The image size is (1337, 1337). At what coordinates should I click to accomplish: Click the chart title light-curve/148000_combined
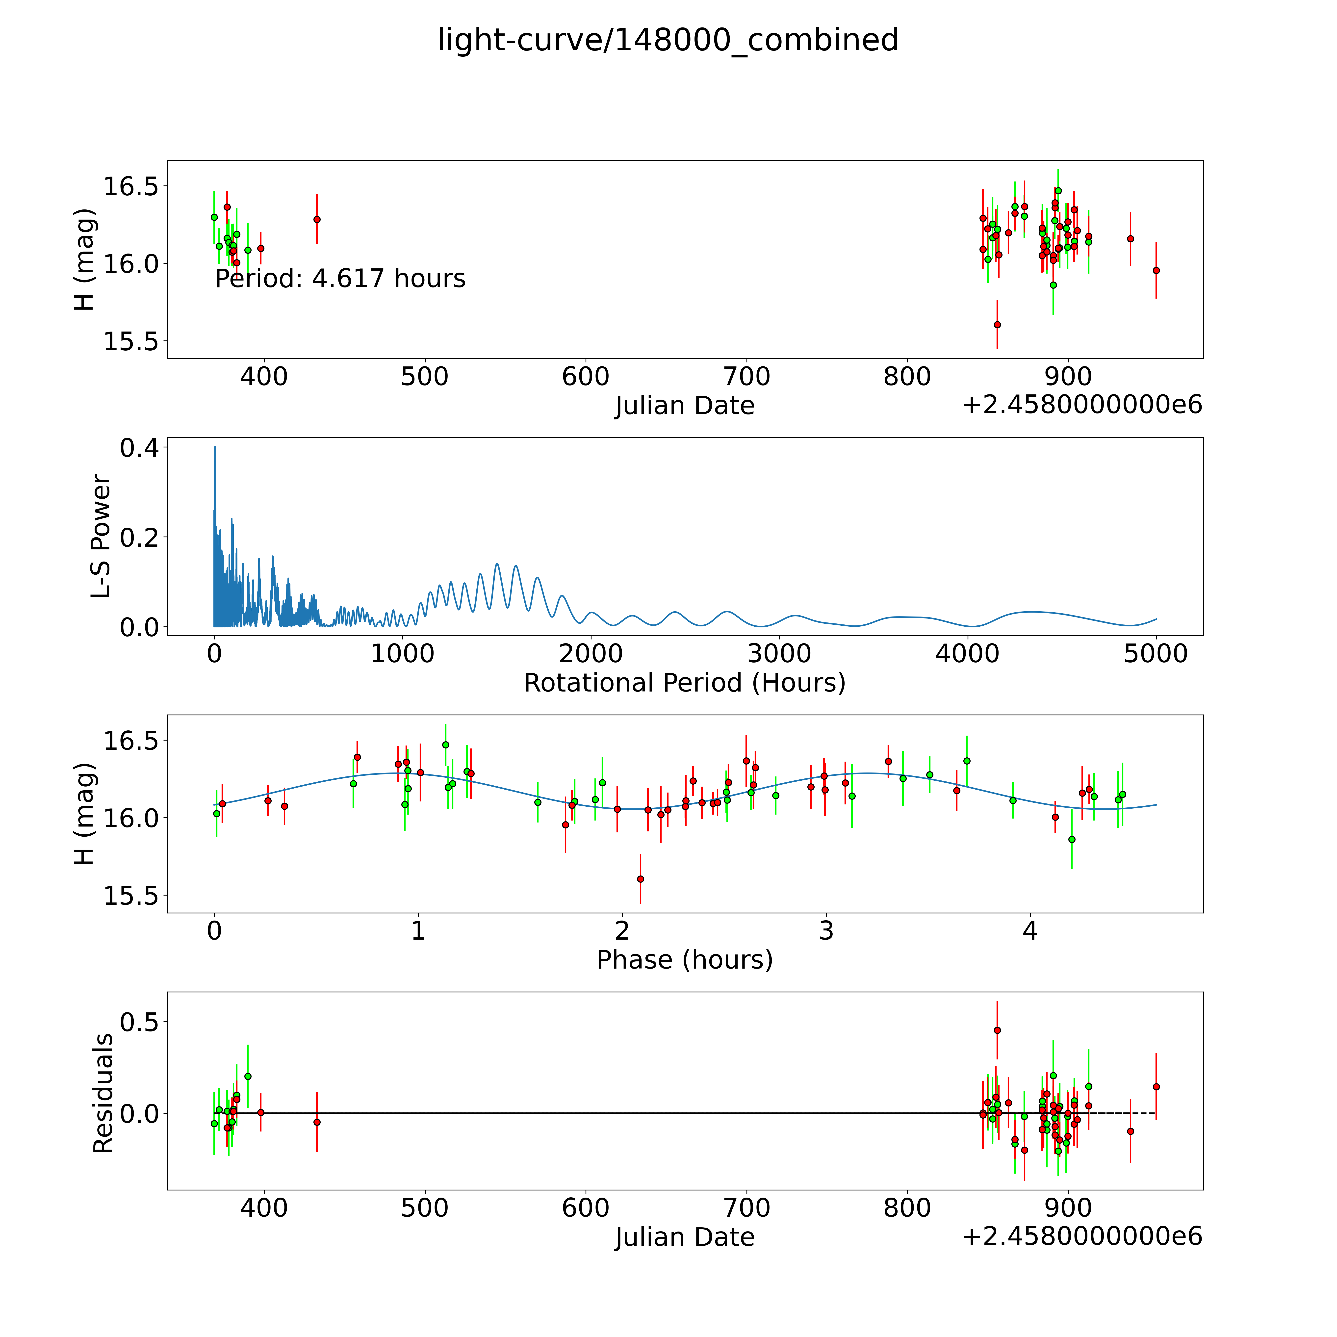click(x=668, y=40)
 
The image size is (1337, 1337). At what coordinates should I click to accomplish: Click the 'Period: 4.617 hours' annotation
click(x=340, y=279)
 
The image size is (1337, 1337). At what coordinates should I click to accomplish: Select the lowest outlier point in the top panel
click(x=997, y=325)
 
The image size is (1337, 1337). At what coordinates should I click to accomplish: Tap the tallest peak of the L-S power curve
click(x=214, y=447)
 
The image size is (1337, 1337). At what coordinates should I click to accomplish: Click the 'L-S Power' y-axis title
click(x=101, y=536)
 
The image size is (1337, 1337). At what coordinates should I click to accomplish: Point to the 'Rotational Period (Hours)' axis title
click(x=684, y=683)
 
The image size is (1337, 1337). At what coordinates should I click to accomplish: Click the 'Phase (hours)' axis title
click(x=684, y=960)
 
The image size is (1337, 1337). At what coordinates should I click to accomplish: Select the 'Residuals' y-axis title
click(x=103, y=1093)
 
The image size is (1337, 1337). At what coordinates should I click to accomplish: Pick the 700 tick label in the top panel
click(x=747, y=377)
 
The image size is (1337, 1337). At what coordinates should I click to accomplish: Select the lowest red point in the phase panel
click(x=640, y=879)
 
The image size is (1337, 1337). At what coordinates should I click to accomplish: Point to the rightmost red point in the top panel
click(x=1156, y=271)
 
